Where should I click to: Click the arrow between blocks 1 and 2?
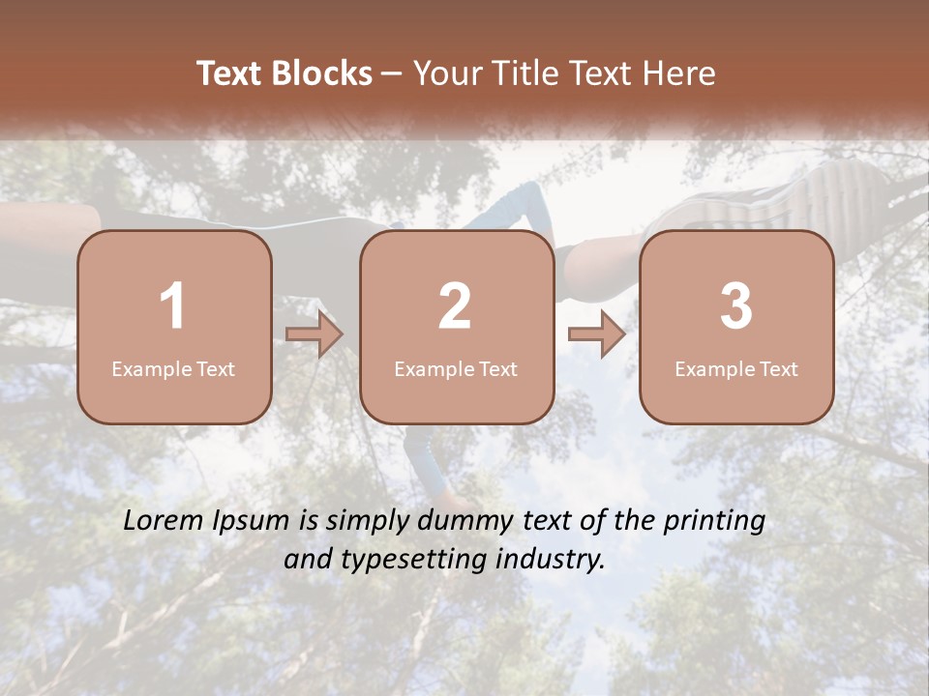point(315,334)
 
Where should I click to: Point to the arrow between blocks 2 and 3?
point(596,334)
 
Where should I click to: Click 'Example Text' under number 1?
point(173,368)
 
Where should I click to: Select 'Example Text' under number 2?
point(456,368)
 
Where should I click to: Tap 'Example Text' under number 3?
point(736,368)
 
